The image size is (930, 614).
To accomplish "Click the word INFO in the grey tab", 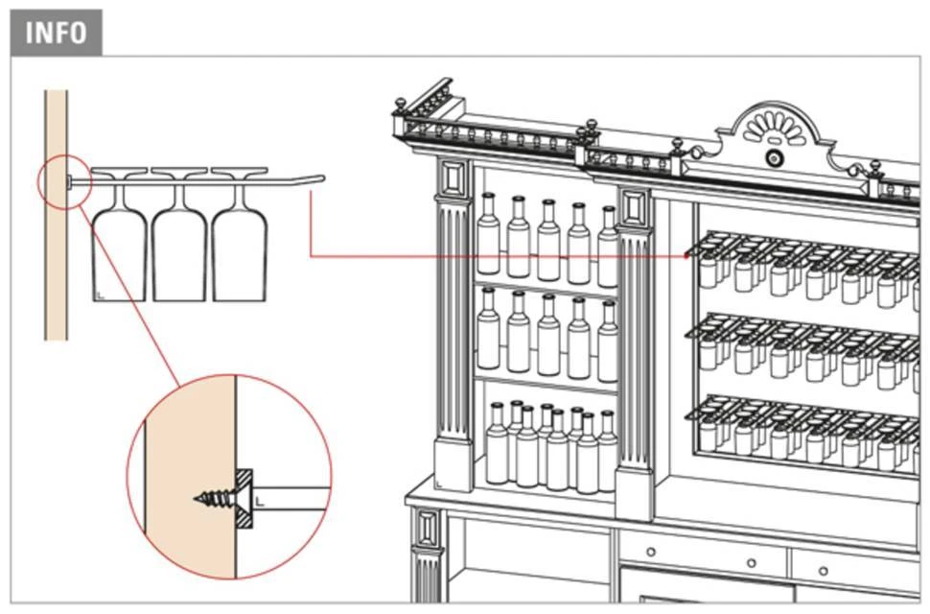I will (x=55, y=33).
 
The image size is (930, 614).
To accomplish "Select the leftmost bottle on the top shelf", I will (x=489, y=236).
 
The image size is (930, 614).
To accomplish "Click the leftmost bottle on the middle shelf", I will (x=489, y=331).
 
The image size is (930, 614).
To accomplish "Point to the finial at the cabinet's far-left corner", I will (x=398, y=104).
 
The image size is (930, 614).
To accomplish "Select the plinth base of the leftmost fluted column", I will (x=452, y=465).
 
